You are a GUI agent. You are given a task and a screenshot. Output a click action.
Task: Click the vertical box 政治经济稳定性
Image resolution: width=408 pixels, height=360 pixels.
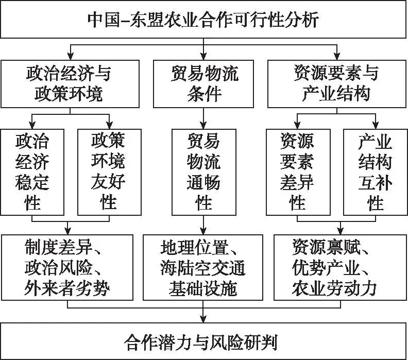[32, 172]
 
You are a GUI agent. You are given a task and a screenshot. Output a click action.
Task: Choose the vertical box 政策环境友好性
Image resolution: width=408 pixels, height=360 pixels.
[109, 172]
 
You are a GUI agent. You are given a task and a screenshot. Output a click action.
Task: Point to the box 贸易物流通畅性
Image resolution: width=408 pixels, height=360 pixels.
[204, 172]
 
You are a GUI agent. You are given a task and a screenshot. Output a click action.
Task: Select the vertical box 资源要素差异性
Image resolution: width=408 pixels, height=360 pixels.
[298, 172]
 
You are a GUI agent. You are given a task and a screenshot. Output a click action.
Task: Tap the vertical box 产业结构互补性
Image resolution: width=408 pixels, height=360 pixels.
[375, 172]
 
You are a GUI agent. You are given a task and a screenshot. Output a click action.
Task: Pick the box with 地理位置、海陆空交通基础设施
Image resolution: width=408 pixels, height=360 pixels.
[203, 267]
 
